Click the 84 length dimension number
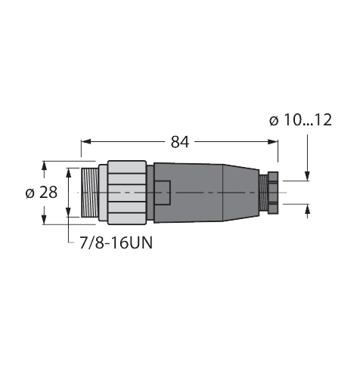pyautogui.click(x=180, y=142)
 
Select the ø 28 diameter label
pyautogui.click(x=41, y=193)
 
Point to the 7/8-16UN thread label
pyautogui.click(x=111, y=244)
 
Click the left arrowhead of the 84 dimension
pyautogui.click(x=85, y=142)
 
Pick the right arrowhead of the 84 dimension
pyautogui.click(x=274, y=142)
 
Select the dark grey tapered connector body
pyautogui.click(x=204, y=193)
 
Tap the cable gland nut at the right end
pyautogui.click(x=268, y=193)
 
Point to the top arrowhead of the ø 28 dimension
pyautogui.click(x=45, y=164)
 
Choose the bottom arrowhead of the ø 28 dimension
pyautogui.click(x=45, y=220)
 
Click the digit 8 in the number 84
pyautogui.click(x=175, y=142)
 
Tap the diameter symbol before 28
pyautogui.click(x=29, y=193)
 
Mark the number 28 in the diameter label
pyautogui.click(x=48, y=193)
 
